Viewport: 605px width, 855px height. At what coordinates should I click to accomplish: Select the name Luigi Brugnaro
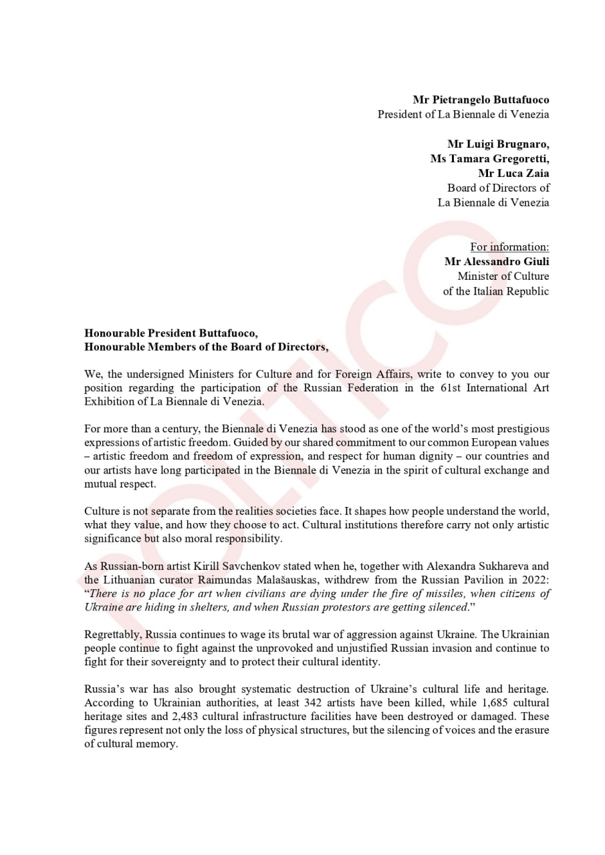[498, 144]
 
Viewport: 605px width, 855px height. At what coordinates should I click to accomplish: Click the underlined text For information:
[509, 247]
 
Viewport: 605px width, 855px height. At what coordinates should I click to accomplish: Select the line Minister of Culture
[503, 276]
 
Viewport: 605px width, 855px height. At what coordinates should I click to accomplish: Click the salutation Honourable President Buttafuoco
[170, 333]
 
